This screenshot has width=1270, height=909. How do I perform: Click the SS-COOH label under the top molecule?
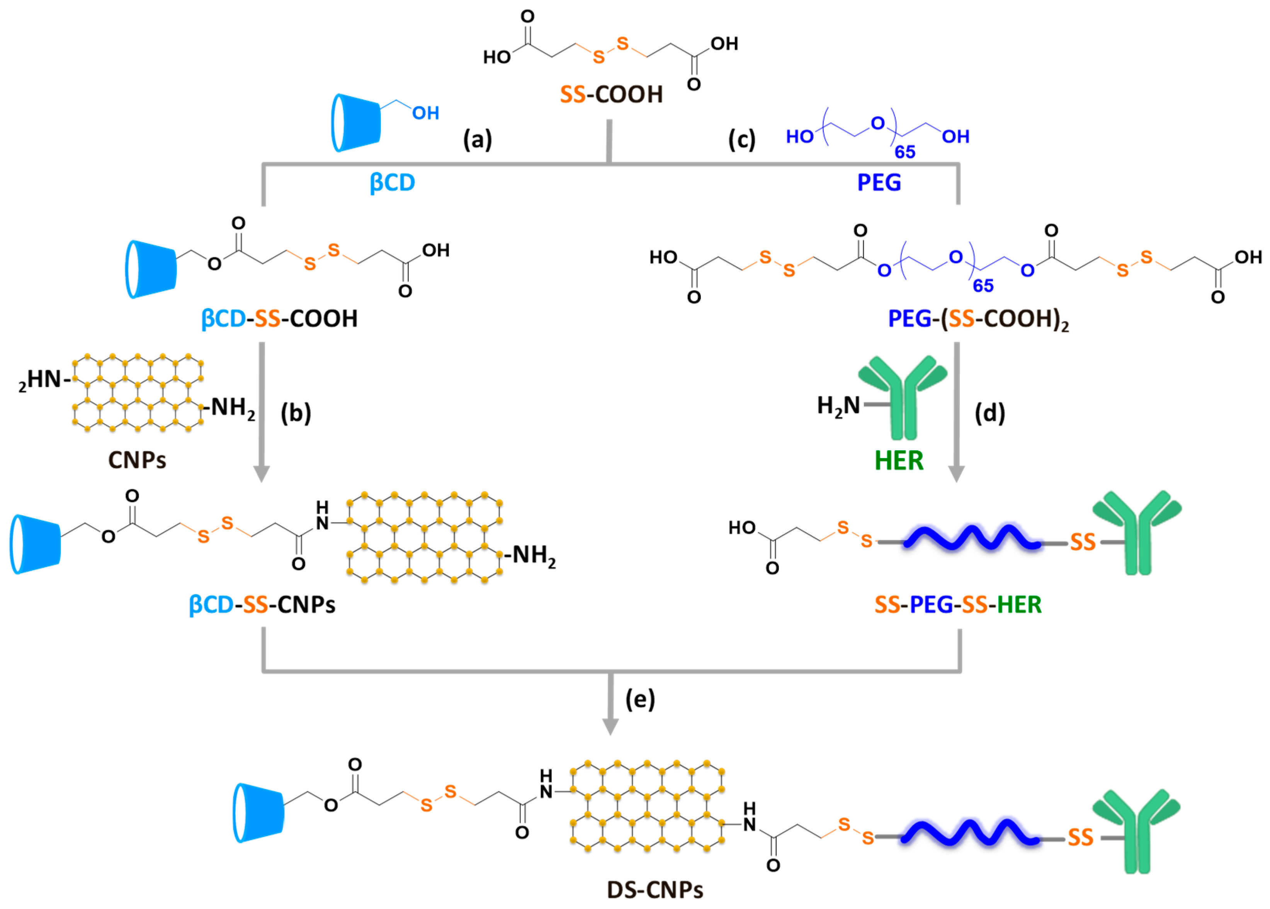[611, 94]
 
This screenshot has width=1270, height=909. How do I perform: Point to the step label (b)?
[296, 413]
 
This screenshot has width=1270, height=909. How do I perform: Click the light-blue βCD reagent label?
[392, 182]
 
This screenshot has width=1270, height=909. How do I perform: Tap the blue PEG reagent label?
[879, 182]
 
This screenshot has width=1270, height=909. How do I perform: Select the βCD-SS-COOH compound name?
[279, 318]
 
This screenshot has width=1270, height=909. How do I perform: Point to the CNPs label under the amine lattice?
[137, 460]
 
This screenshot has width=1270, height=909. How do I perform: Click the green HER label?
[899, 460]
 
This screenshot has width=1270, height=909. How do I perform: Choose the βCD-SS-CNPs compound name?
[262, 604]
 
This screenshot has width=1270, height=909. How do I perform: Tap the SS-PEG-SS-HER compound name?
[958, 604]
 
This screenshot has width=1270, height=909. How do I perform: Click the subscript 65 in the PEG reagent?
[904, 151]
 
